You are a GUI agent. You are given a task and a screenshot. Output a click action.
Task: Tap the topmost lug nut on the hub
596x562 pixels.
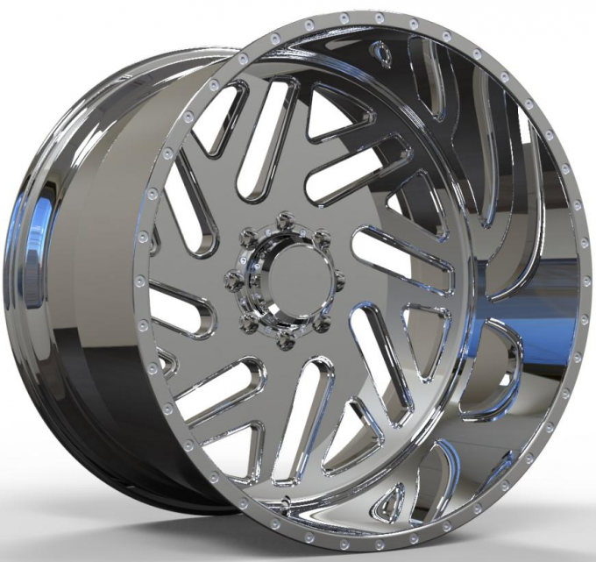click(284, 218)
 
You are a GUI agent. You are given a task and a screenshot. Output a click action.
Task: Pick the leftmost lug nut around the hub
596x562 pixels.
click(234, 280)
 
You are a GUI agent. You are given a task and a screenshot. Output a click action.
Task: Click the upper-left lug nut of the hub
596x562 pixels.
click(248, 237)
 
